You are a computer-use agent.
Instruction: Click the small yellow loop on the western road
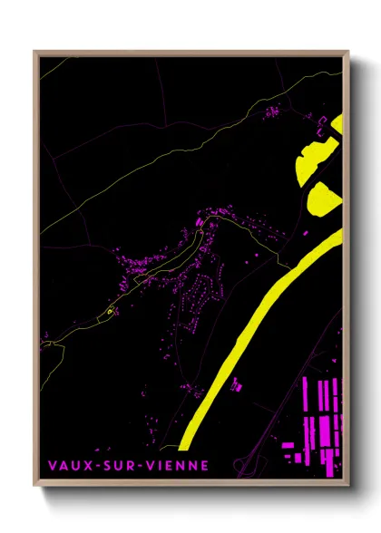click(x=110, y=312)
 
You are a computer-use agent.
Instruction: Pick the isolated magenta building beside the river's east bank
click(x=238, y=386)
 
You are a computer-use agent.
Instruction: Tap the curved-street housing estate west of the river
click(x=195, y=299)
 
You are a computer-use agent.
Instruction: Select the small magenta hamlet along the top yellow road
click(x=271, y=111)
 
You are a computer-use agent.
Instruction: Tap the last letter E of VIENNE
click(x=205, y=465)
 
